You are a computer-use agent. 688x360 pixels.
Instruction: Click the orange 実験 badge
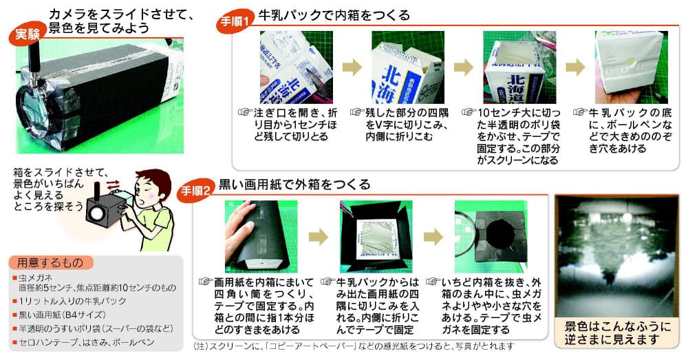[28, 34]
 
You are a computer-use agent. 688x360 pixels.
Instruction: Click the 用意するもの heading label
[50, 262]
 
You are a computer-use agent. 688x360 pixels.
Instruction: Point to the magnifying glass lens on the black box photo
[33, 114]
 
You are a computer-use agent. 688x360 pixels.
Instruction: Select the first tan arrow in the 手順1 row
[352, 67]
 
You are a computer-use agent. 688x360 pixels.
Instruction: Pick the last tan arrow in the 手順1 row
[575, 67]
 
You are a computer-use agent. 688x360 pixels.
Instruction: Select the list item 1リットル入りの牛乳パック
[69, 301]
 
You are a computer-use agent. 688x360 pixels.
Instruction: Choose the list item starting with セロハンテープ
[84, 342]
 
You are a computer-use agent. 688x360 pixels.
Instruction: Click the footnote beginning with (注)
[353, 346]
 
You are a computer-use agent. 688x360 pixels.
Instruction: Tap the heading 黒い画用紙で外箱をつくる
[294, 184]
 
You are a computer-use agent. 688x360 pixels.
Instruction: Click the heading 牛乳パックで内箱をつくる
[334, 15]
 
